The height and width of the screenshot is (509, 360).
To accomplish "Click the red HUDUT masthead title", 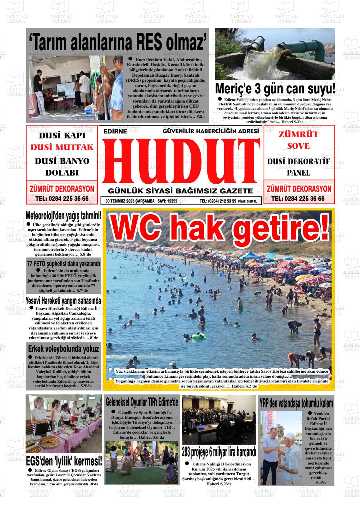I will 180,162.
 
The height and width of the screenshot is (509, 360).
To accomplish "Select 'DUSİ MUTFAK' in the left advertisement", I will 62,147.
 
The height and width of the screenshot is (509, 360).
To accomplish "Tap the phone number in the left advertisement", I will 62,199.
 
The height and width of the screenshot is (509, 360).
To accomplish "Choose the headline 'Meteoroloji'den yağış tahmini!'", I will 63,216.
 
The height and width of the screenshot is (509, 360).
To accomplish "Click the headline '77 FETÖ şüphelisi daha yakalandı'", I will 63,263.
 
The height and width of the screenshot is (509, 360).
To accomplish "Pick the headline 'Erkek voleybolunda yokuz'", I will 63,349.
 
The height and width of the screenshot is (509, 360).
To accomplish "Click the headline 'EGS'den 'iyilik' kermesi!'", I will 64,461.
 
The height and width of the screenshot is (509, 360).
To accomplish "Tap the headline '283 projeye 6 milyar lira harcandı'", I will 219,452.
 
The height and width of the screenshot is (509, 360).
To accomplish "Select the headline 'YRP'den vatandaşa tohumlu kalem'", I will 296,403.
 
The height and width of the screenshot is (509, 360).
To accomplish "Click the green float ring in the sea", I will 198,337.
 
